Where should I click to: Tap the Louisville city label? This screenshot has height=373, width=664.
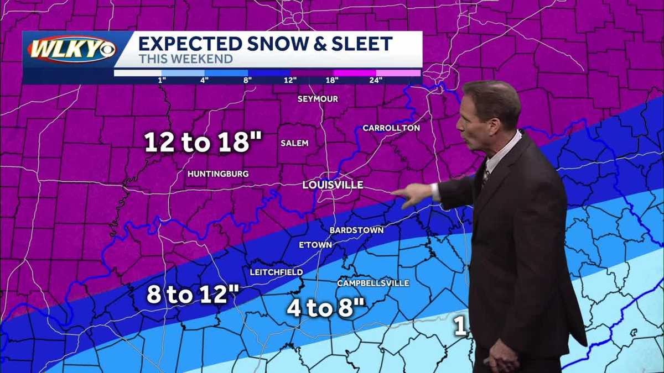tap(333, 185)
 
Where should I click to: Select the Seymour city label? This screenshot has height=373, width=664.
tap(318, 99)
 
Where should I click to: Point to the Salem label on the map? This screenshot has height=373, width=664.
tap(294, 143)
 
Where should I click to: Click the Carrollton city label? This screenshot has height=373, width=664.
tap(391, 128)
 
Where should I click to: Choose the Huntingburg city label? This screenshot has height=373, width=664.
tap(218, 174)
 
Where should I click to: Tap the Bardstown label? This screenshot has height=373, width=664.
tap(356, 230)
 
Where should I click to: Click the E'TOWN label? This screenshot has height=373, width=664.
tap(315, 245)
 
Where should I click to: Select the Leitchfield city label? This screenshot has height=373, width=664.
tap(276, 272)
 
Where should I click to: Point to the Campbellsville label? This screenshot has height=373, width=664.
tap(373, 283)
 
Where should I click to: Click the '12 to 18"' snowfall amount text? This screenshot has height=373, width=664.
tap(203, 143)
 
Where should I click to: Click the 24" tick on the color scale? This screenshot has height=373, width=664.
tap(376, 80)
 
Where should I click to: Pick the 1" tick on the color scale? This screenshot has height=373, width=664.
tap(162, 80)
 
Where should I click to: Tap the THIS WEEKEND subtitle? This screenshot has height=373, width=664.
tap(185, 59)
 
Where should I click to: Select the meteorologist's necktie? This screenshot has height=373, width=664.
tap(485, 175)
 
